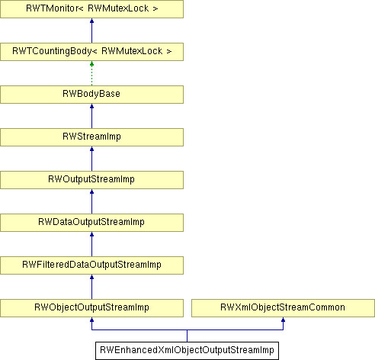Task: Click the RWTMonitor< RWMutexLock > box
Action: pyautogui.click(x=91, y=9)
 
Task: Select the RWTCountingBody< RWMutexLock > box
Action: pyautogui.click(x=91, y=52)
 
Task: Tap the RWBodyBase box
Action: pyautogui.click(x=91, y=95)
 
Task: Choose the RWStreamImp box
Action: pyautogui.click(x=91, y=137)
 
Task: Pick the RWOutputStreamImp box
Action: pyautogui.click(x=91, y=180)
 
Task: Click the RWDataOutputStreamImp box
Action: pyautogui.click(x=91, y=223)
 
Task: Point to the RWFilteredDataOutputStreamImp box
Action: pyautogui.click(x=91, y=265)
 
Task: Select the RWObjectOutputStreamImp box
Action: pyautogui.click(x=91, y=308)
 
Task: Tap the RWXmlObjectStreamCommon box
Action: pyautogui.click(x=283, y=308)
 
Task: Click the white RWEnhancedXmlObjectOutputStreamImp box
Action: pyautogui.click(x=187, y=351)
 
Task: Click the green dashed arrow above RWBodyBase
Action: pyautogui.click(x=91, y=73)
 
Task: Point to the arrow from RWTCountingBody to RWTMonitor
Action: pyautogui.click(x=91, y=31)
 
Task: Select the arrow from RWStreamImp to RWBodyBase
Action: pyautogui.click(x=91, y=116)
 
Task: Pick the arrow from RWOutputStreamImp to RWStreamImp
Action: pyautogui.click(x=91, y=159)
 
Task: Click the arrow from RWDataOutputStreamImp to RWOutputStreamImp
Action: pyautogui.click(x=91, y=201)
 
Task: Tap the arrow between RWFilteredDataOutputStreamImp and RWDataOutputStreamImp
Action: pyautogui.click(x=91, y=244)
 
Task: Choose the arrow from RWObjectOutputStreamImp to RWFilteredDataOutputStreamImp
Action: pyautogui.click(x=91, y=287)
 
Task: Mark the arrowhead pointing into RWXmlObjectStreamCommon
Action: pyautogui.click(x=283, y=320)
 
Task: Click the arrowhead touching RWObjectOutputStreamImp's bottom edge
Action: pyautogui.click(x=91, y=320)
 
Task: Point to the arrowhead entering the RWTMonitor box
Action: pyautogui.click(x=91, y=21)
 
